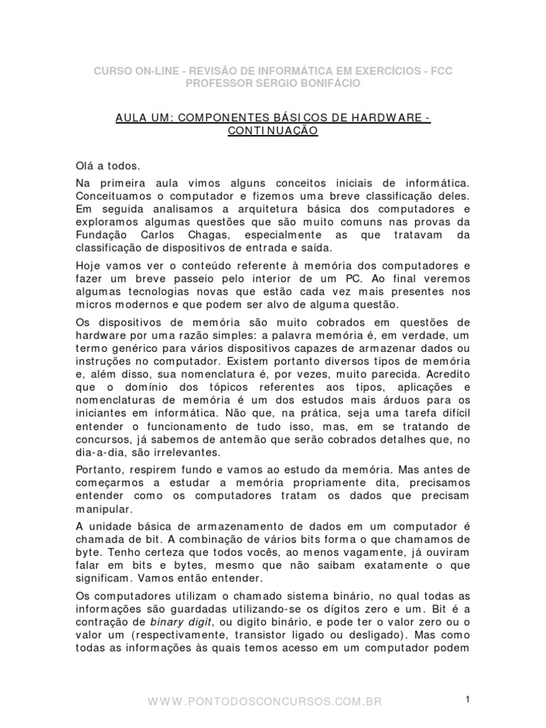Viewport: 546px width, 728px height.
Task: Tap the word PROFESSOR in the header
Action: pos(218,83)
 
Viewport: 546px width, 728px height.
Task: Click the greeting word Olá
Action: pos(84,166)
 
